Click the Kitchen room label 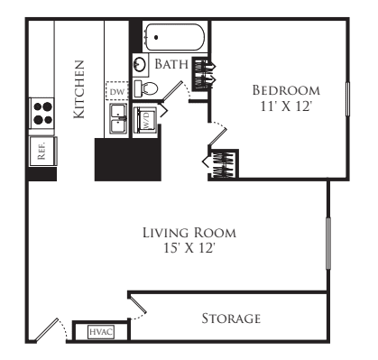[79, 92]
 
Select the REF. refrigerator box [41, 152]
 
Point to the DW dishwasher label [115, 92]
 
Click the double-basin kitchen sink [117, 117]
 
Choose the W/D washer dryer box [145, 120]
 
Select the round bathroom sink [141, 64]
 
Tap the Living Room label [183, 233]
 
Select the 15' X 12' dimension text [183, 250]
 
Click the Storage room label [232, 318]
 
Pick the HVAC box [99, 332]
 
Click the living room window [328, 241]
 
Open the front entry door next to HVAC [50, 331]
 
